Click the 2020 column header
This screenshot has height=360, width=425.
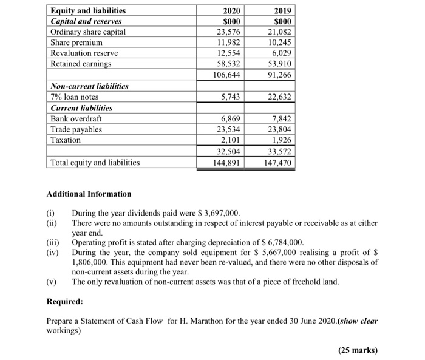(231, 10)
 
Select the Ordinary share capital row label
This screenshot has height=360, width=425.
(88, 32)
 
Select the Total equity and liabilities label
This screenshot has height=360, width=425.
(95, 163)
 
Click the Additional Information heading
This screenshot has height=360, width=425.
(89, 194)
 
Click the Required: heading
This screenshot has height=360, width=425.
(64, 302)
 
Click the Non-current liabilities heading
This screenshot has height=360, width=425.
(89, 86)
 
